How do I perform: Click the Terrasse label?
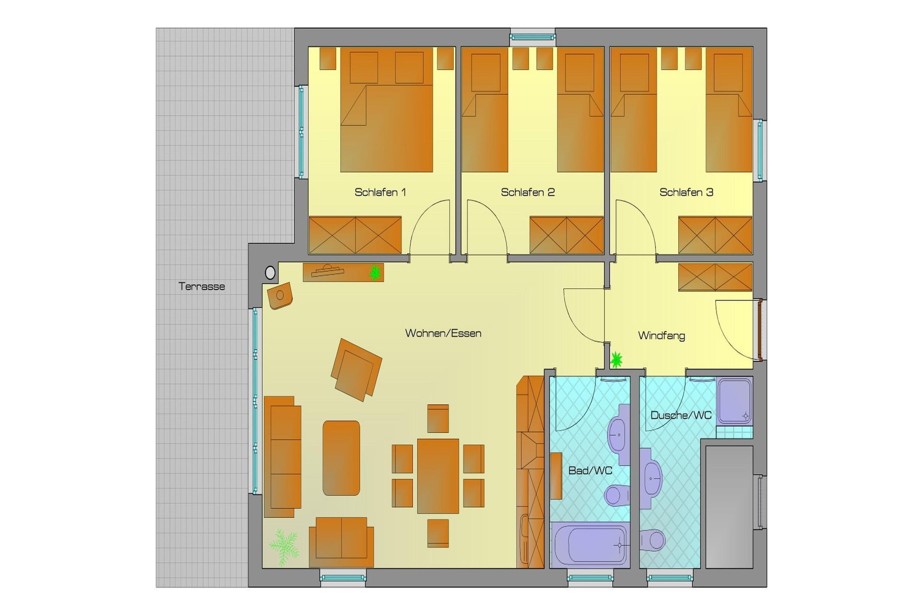pyautogui.click(x=201, y=287)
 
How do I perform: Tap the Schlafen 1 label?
pyautogui.click(x=380, y=192)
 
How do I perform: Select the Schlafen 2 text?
pyautogui.click(x=528, y=192)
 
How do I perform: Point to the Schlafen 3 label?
pyautogui.click(x=686, y=192)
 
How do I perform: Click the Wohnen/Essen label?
pyautogui.click(x=443, y=333)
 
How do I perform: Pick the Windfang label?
pyautogui.click(x=662, y=336)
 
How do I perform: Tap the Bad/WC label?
pyautogui.click(x=590, y=471)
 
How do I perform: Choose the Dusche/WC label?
pyautogui.click(x=681, y=415)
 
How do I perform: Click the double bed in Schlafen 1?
pyautogui.click(x=387, y=110)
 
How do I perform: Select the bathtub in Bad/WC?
pyautogui.click(x=590, y=544)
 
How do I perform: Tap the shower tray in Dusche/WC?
pyautogui.click(x=735, y=401)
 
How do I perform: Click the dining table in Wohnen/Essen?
pyautogui.click(x=438, y=476)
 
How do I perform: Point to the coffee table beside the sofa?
pyautogui.click(x=341, y=458)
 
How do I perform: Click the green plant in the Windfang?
pyautogui.click(x=616, y=360)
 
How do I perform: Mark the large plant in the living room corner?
pyautogui.click(x=284, y=547)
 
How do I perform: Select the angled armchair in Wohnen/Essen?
pyautogui.click(x=356, y=369)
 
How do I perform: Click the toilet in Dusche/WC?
pyautogui.click(x=653, y=539)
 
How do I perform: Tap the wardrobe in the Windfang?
pyautogui.click(x=715, y=277)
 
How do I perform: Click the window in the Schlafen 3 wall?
pyautogui.click(x=760, y=150)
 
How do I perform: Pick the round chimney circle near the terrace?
pyautogui.click(x=270, y=273)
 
